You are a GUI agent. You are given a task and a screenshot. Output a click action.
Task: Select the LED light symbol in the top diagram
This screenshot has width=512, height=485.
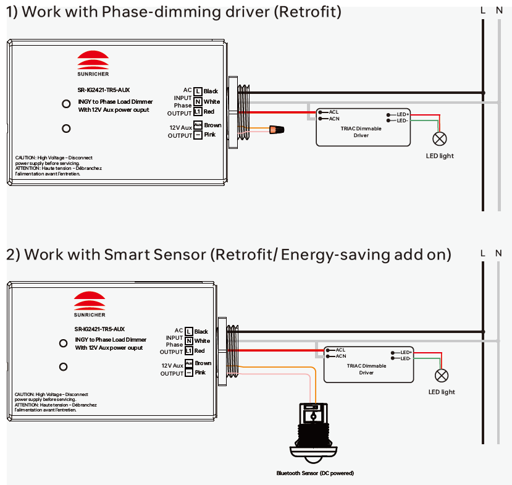440,138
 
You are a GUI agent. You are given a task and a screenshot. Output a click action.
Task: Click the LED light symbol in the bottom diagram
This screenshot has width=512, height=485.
442,375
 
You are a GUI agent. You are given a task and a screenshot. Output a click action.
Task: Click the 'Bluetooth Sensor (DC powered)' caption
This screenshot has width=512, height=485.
315,473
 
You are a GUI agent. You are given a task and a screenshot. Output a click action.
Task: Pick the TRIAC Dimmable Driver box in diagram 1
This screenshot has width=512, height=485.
363,128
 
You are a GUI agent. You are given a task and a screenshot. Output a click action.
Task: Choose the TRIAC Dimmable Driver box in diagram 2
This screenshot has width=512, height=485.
368,365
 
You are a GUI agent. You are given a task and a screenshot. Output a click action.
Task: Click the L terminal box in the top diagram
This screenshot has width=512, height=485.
198,91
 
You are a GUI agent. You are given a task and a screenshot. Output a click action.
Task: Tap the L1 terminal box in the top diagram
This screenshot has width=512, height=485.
198,112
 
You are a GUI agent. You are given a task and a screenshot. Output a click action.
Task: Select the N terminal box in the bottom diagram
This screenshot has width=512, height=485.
189,341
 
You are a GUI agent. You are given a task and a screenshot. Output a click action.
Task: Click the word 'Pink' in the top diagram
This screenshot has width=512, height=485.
209,135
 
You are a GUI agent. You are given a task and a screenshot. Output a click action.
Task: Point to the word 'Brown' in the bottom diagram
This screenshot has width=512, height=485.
203,363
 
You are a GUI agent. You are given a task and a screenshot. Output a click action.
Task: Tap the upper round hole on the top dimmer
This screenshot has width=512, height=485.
66,104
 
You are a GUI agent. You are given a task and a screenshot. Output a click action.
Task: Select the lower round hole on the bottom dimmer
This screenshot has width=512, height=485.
63,367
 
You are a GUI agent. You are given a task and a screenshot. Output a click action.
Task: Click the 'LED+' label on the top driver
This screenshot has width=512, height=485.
403,115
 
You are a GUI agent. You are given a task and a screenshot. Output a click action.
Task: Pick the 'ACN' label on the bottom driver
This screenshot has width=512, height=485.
341,356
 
